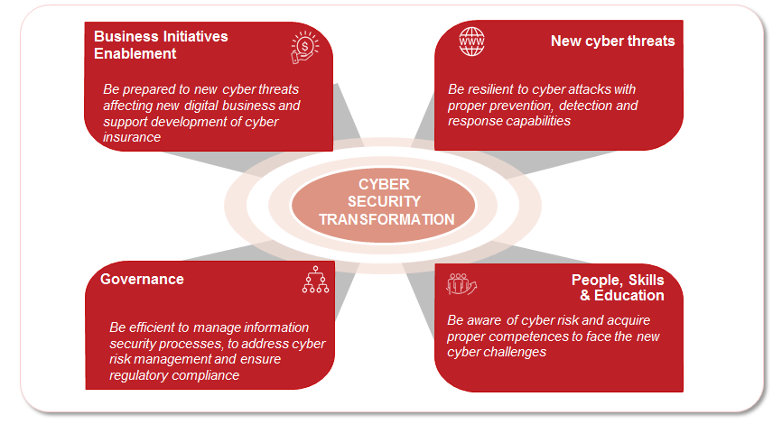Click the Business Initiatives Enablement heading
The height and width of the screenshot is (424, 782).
click(x=161, y=45)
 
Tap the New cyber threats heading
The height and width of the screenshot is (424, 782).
click(x=612, y=41)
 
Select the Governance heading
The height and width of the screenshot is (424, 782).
click(x=142, y=279)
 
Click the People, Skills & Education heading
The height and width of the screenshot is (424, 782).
click(x=618, y=288)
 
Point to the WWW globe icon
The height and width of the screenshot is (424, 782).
click(x=471, y=41)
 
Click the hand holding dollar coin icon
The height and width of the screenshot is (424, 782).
click(x=304, y=48)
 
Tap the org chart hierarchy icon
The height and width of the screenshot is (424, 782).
click(x=316, y=280)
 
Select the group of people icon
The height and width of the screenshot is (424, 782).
click(x=461, y=283)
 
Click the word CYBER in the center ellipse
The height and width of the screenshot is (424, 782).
click(x=384, y=184)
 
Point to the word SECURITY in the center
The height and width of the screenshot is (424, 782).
click(x=384, y=202)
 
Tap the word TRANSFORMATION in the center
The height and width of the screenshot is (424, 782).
click(x=387, y=220)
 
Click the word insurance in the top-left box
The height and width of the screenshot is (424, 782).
click(x=132, y=137)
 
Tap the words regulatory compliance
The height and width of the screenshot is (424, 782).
click(x=174, y=375)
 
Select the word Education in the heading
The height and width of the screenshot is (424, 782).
click(x=629, y=296)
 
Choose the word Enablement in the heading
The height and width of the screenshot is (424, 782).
click(x=135, y=54)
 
